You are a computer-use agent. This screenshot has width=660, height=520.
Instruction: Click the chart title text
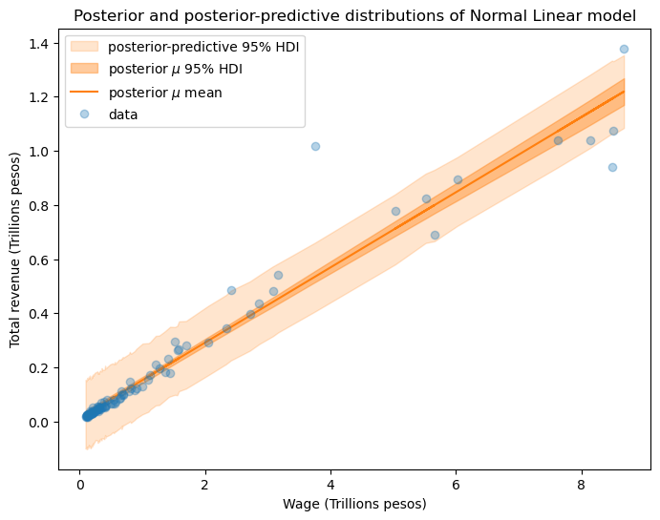coord(354,16)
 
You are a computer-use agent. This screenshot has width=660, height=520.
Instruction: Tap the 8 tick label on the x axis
coord(582,485)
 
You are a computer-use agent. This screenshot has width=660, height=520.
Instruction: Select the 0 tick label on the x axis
coord(79,485)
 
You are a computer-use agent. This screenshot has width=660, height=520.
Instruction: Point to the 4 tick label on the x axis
coord(330,485)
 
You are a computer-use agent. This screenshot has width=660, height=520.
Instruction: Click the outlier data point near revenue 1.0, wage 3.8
coord(315,146)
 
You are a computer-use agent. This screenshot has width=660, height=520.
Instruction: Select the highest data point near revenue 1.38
coord(624,49)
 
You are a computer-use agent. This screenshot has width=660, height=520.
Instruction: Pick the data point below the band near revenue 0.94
coord(612,167)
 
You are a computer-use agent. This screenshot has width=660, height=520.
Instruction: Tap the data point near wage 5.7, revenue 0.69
coord(435,235)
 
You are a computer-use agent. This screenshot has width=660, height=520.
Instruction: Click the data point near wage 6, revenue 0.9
coord(458,179)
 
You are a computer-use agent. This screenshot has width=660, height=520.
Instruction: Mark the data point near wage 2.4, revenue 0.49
coord(231,290)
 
